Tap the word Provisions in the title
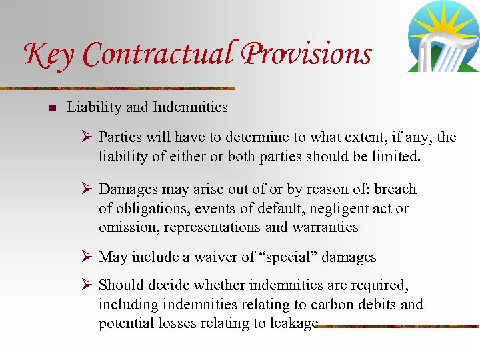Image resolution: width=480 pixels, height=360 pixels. pos(306,54)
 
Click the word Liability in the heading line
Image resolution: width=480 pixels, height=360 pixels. pos(91,107)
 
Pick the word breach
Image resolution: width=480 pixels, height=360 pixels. pos(395,189)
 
